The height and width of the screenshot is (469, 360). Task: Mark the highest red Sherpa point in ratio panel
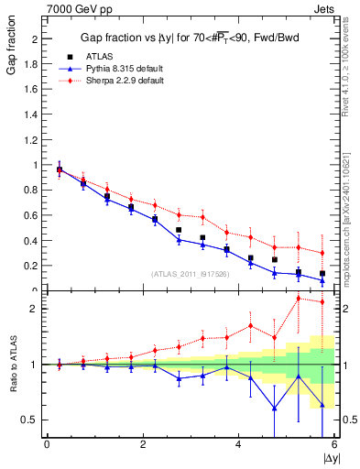298,298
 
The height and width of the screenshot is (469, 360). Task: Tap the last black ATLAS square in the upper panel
322,273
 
